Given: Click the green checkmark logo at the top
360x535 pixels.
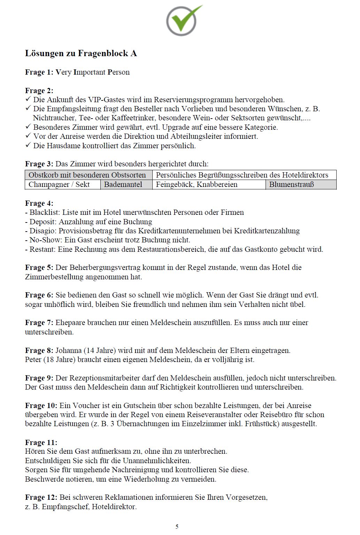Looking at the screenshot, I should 184,21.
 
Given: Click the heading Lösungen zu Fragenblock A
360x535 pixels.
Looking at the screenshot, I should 81,53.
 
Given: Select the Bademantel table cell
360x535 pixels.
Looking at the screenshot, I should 123,184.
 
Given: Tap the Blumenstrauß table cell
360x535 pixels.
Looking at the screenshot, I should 291,184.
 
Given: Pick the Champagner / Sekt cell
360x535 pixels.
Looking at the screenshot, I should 59,184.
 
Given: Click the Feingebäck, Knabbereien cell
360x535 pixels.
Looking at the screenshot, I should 197,184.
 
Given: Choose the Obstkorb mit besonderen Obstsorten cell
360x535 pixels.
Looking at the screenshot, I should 87,175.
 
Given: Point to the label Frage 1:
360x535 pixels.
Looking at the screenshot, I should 39,72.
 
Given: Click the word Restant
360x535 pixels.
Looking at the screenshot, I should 42,249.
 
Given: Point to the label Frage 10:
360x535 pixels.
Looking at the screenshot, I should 41,406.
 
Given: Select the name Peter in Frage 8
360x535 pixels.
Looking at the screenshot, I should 33,360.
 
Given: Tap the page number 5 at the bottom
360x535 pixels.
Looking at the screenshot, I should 177,527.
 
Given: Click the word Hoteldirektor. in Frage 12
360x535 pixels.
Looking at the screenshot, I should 114,507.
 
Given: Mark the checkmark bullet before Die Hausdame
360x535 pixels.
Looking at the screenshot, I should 28,145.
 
